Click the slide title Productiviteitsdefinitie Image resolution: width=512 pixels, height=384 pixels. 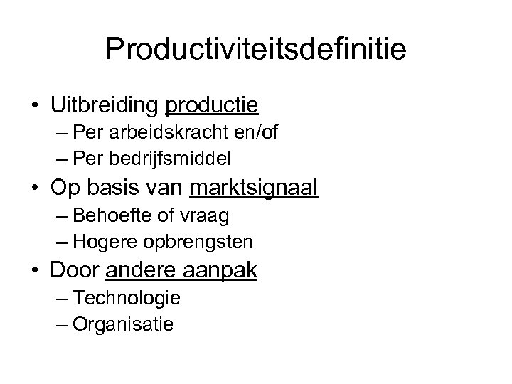coord(255,50)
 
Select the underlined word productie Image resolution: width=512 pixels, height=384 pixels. coord(211,107)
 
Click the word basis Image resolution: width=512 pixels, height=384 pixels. coord(112,188)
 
